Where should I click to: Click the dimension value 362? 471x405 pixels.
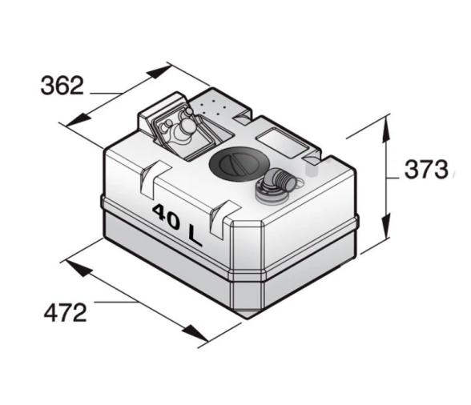[x=62, y=86]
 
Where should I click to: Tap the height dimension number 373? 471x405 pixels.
[x=426, y=170]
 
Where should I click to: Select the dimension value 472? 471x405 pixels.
[x=66, y=312]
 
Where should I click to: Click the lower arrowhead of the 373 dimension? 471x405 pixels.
[x=386, y=225]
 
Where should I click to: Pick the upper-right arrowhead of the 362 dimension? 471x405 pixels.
[x=159, y=72]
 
